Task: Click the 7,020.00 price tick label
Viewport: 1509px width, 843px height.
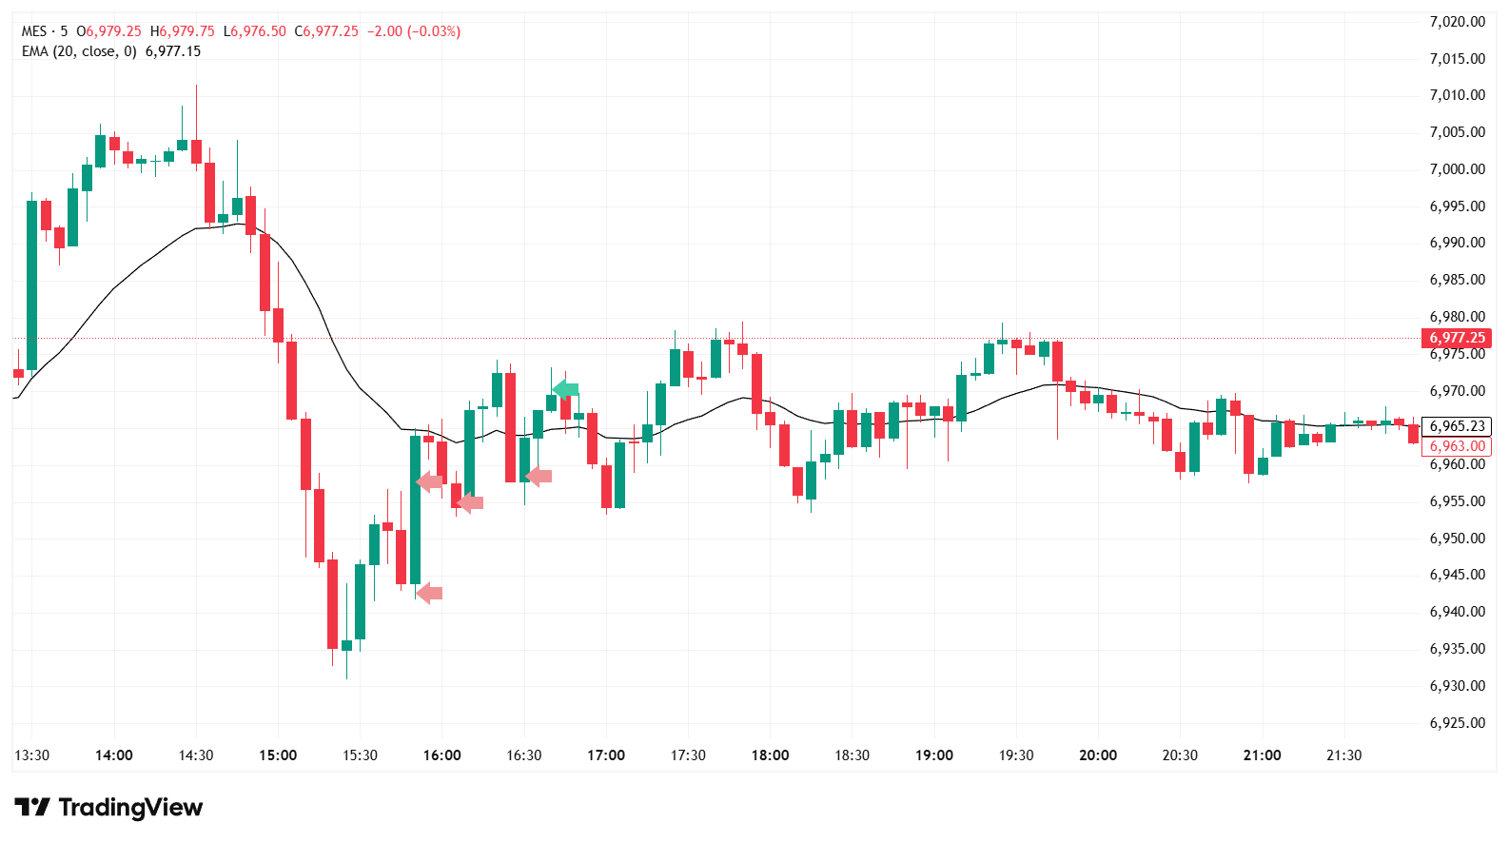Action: (1457, 22)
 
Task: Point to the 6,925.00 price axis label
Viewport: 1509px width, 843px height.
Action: (1457, 723)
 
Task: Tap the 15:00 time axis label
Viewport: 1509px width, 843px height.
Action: (278, 755)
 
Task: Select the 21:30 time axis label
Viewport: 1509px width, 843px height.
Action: (1343, 755)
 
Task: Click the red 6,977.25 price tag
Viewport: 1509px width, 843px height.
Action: (1456, 338)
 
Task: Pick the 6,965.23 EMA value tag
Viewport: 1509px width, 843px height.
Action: (1456, 426)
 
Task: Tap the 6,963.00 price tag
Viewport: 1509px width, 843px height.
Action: (1456, 446)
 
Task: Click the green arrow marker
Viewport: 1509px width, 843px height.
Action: (565, 389)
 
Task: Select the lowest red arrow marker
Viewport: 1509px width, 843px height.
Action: (429, 594)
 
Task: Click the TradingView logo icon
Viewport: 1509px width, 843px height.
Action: (32, 808)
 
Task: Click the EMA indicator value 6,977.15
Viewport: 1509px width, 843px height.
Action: (173, 51)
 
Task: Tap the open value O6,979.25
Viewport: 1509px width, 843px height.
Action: (108, 31)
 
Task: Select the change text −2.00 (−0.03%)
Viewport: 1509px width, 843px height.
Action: (414, 31)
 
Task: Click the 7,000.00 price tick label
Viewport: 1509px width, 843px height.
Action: (1457, 169)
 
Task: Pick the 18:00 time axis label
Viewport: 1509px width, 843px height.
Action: (770, 755)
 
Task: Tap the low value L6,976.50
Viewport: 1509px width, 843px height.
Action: (254, 31)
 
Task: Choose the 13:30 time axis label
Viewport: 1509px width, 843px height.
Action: (31, 755)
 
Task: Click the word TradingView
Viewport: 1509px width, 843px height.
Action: (130, 808)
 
